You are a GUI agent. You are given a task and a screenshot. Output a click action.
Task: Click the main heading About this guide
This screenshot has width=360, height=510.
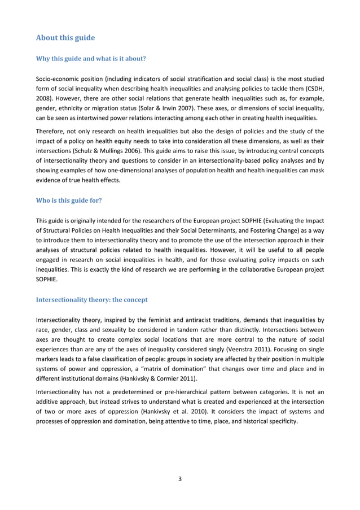(65, 38)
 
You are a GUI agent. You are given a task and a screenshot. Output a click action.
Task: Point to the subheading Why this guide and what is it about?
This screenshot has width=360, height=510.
(91, 57)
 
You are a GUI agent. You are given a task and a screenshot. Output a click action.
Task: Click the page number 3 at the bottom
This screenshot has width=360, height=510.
(180, 480)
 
